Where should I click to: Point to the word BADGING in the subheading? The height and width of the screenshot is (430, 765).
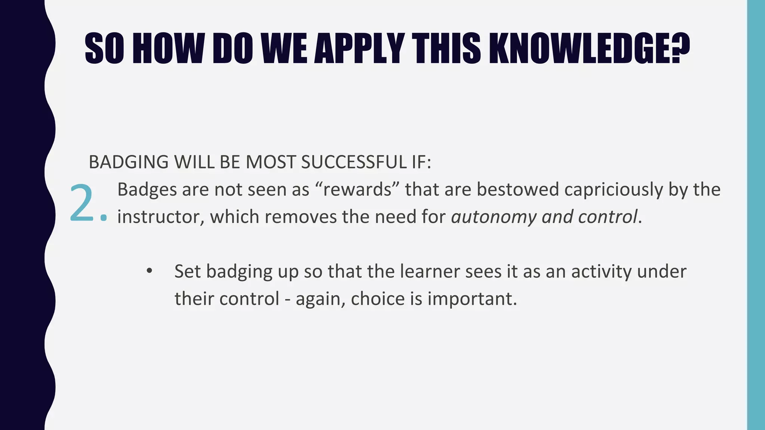coord(128,162)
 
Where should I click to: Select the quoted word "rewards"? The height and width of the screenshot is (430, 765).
coord(357,189)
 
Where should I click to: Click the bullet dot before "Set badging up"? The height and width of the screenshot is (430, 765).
coord(149,271)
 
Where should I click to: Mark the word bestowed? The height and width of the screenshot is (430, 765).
coord(517,189)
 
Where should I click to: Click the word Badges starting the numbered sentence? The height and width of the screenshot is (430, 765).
coord(147,189)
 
